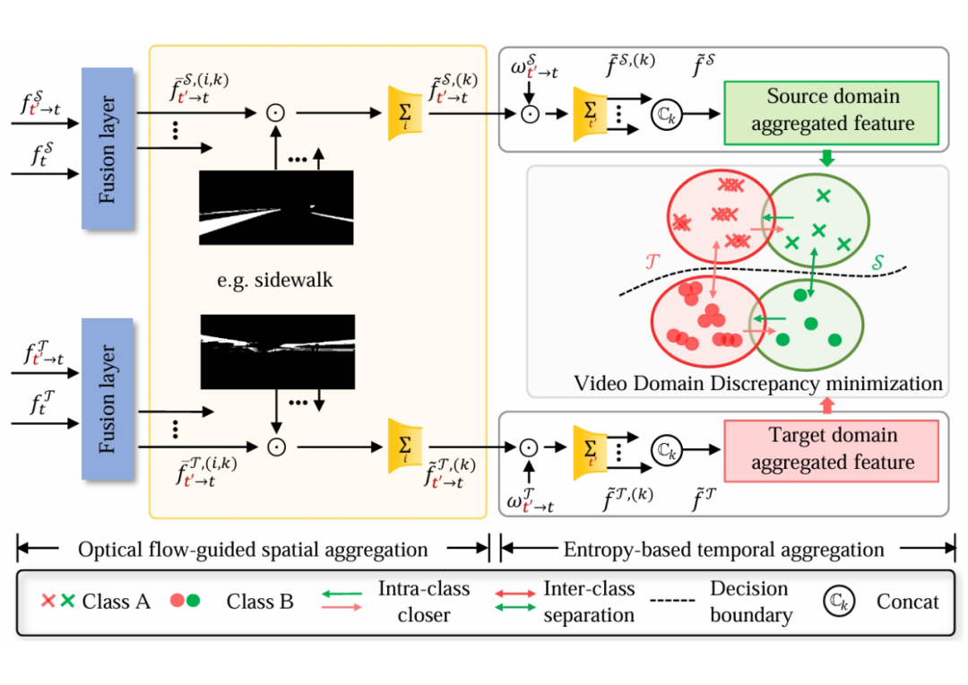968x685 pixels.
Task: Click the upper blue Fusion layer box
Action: pyautogui.click(x=108, y=148)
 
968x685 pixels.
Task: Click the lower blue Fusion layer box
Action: pyautogui.click(x=108, y=399)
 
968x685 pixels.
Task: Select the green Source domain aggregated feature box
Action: pyautogui.click(x=832, y=112)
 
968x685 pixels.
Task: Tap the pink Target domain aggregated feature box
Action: pyautogui.click(x=832, y=450)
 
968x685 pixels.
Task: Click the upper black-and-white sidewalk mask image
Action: pyautogui.click(x=276, y=207)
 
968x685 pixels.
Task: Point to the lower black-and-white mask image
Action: pyautogui.click(x=278, y=352)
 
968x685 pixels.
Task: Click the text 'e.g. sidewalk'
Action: pyautogui.click(x=275, y=280)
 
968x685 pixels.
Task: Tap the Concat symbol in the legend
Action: pyautogui.click(x=839, y=602)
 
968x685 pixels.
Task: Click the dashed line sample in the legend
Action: pyautogui.click(x=672, y=601)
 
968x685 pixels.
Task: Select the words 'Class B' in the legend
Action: pyautogui.click(x=260, y=601)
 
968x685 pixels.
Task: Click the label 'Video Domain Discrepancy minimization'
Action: pyautogui.click(x=758, y=383)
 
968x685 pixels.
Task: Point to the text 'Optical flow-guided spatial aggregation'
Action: pyautogui.click(x=253, y=549)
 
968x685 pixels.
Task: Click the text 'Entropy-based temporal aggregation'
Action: pyautogui.click(x=723, y=549)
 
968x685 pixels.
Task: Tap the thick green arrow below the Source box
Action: pyautogui.click(x=827, y=158)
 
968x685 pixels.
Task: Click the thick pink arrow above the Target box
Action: pyautogui.click(x=827, y=405)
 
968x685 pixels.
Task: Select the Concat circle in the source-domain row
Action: pyautogui.click(x=667, y=114)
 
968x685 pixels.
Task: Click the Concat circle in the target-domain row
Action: pyautogui.click(x=667, y=450)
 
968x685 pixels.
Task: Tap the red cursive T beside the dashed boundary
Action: pyautogui.click(x=653, y=262)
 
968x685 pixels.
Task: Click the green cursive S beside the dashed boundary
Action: pyautogui.click(x=877, y=263)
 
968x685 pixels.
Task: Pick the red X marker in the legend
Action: pyautogui.click(x=48, y=601)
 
